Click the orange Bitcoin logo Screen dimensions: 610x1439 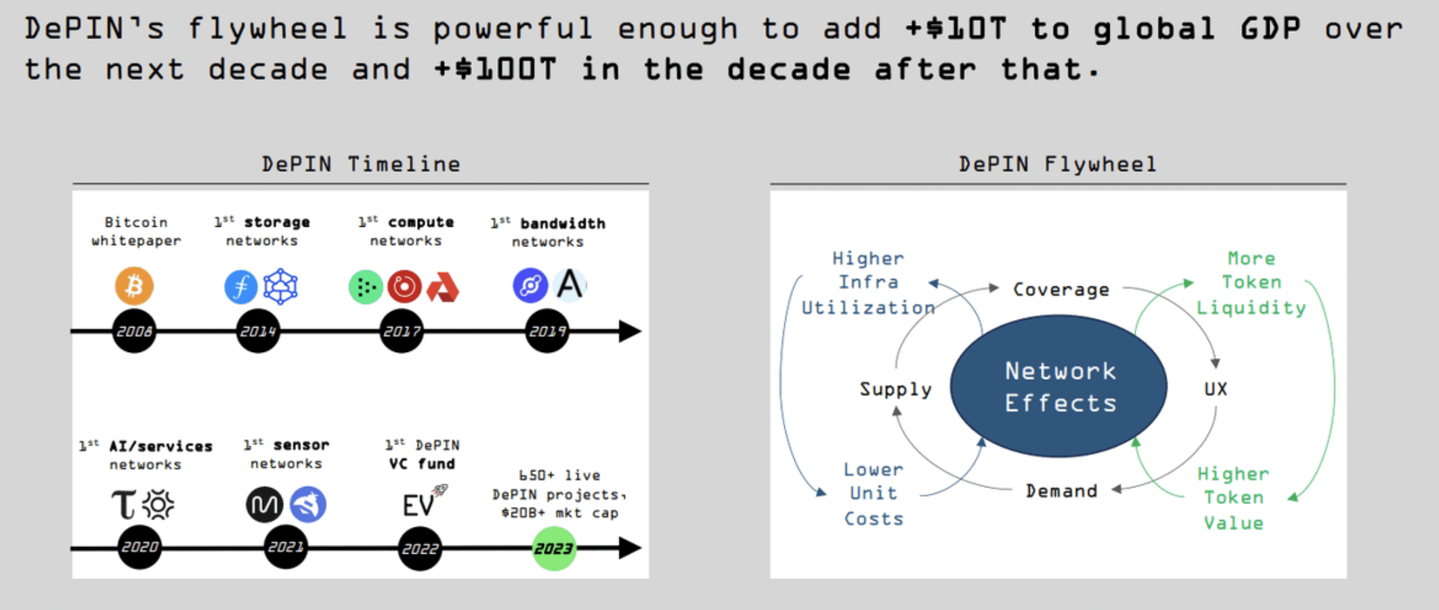[134, 286]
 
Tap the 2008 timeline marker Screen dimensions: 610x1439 [134, 331]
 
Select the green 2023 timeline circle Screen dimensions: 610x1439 [554, 548]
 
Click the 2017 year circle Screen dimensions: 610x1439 [402, 331]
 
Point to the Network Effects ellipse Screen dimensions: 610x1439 [1059, 387]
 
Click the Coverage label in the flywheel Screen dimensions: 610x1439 [1061, 290]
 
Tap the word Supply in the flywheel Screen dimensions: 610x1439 [895, 389]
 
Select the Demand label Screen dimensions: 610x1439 [1061, 491]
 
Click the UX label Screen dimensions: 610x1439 [1216, 389]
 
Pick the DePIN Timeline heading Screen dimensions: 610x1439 [361, 165]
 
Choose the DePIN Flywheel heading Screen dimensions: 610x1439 [1058, 165]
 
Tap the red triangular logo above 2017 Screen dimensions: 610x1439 [444, 288]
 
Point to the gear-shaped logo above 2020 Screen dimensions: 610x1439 [158, 504]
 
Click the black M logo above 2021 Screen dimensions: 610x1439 [264, 504]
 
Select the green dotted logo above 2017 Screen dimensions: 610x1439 [366, 287]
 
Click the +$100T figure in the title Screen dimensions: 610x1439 [496, 69]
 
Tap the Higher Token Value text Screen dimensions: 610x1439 [1233, 498]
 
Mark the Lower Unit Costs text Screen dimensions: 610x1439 [874, 494]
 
